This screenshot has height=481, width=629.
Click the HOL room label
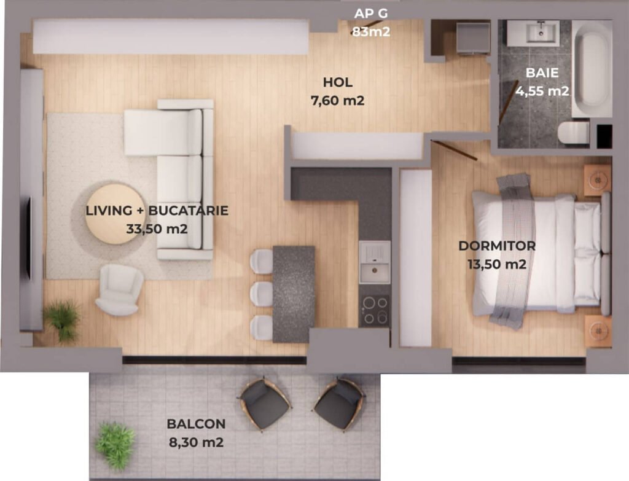tap(338, 82)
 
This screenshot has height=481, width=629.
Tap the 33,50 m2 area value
tap(157, 229)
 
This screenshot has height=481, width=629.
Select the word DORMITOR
tap(497, 246)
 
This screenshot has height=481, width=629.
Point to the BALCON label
tap(196, 424)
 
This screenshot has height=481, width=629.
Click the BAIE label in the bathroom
tap(542, 72)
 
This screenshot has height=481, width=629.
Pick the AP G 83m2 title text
tap(371, 23)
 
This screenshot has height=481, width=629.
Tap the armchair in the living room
tap(119, 289)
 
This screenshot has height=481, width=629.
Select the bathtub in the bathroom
tap(592, 69)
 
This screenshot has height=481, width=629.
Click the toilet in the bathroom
tap(573, 133)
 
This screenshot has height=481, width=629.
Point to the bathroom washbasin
tap(533, 33)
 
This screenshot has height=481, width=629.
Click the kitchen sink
tap(374, 262)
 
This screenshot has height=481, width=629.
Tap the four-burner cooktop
tap(374, 310)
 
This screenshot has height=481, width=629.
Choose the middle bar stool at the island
tap(262, 295)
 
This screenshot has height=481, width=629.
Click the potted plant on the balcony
tap(115, 445)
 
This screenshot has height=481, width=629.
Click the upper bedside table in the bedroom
tap(597, 180)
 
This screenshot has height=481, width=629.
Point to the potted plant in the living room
tap(62, 319)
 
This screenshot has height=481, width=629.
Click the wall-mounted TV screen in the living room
tap(29, 238)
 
